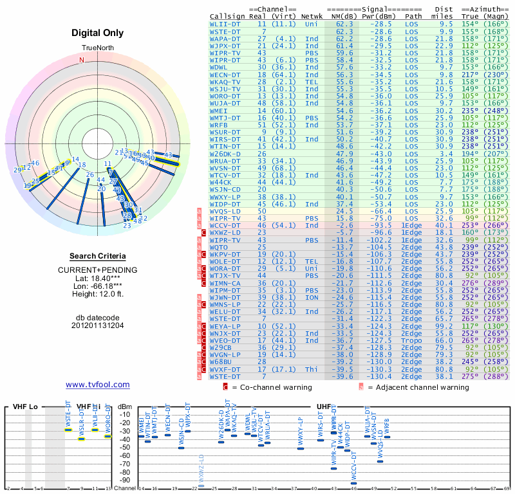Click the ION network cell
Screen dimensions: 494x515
tap(312, 297)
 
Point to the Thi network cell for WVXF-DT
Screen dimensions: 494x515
tap(312, 369)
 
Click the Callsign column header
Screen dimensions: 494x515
tap(226, 15)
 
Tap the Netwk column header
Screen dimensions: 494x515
tap(312, 15)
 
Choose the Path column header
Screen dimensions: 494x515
tap(413, 15)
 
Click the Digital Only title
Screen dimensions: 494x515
tap(97, 33)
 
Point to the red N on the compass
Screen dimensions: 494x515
tap(82, 60)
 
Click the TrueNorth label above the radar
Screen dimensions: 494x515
tap(97, 49)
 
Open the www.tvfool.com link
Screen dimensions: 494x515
tap(97, 385)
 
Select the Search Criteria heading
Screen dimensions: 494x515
tap(97, 256)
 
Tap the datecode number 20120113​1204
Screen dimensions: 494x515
tap(97, 325)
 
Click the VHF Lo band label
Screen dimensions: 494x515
tap(25, 407)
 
